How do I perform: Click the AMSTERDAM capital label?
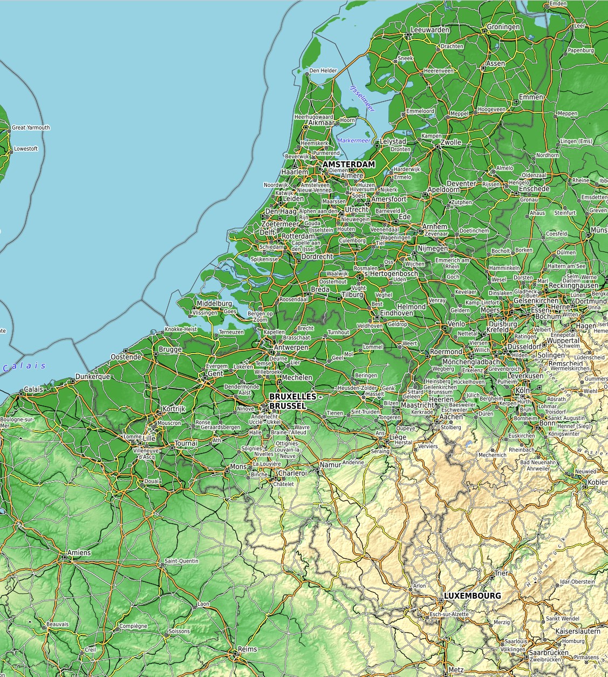(x=349, y=164)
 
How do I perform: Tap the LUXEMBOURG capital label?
(x=472, y=595)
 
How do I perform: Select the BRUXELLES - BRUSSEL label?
(x=295, y=401)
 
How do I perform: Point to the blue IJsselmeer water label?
(x=362, y=98)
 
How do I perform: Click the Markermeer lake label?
(x=354, y=140)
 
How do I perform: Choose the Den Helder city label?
(x=323, y=71)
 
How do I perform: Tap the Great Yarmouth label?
(x=31, y=128)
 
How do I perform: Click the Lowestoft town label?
(x=26, y=148)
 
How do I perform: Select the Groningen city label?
(x=503, y=27)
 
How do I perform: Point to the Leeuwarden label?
(x=430, y=30)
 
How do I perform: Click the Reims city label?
(x=248, y=649)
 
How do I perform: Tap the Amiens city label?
(x=79, y=553)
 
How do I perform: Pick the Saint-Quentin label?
(x=181, y=561)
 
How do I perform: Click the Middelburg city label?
(x=214, y=304)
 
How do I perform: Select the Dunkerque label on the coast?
(x=93, y=376)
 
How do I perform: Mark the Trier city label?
(x=501, y=573)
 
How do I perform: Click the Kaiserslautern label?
(x=578, y=631)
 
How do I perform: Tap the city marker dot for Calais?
(x=22, y=394)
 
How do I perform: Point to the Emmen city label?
(x=531, y=97)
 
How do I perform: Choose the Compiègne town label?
(x=133, y=626)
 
